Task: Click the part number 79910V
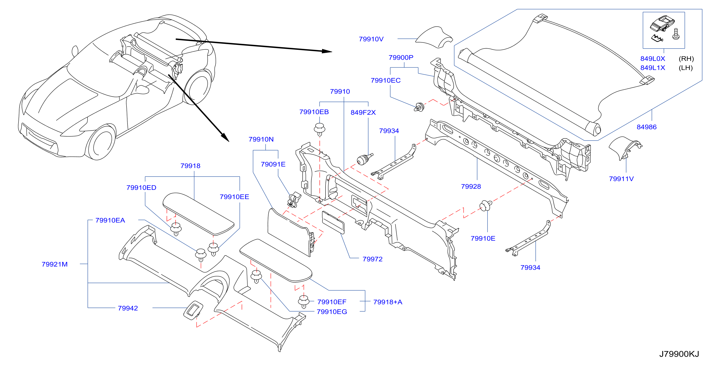click(x=371, y=39)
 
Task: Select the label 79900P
click(x=401, y=57)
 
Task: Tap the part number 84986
click(x=646, y=127)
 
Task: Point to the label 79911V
click(x=621, y=179)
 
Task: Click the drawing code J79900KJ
click(x=679, y=354)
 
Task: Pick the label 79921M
click(x=55, y=264)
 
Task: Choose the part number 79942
click(x=128, y=308)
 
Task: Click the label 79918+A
click(x=387, y=302)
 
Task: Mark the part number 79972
click(x=373, y=259)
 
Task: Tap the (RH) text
click(x=686, y=59)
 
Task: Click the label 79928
click(x=471, y=186)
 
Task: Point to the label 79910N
click(x=261, y=139)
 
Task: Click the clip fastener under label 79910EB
click(x=319, y=129)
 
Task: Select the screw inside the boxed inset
click(x=676, y=34)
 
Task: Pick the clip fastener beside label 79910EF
click(x=304, y=302)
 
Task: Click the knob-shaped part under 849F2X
click(x=364, y=159)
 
